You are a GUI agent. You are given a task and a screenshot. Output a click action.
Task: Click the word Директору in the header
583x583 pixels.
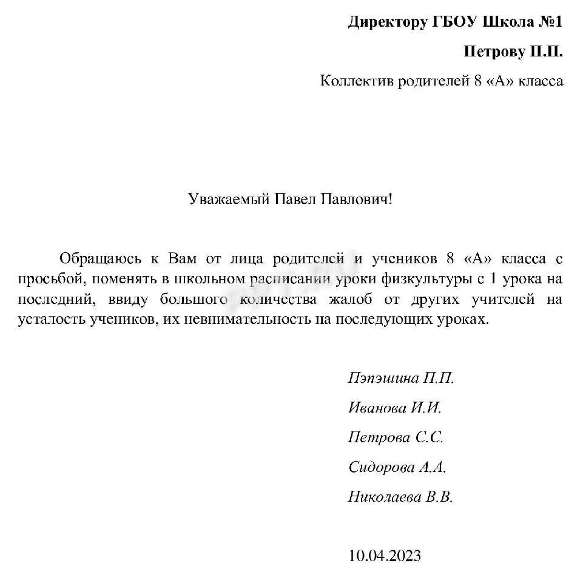click(x=387, y=23)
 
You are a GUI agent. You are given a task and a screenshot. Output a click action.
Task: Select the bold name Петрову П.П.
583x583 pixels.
click(x=513, y=52)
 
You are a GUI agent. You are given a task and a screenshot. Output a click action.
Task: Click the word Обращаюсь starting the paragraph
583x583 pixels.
click(x=99, y=258)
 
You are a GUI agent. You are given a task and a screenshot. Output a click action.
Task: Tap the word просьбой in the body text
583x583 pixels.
click(x=45, y=279)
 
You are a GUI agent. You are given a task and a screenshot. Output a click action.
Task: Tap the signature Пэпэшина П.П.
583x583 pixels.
click(x=401, y=379)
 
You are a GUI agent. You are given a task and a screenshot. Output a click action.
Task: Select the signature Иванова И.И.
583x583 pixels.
click(x=395, y=408)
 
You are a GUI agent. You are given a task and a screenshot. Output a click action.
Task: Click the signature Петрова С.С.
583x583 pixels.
click(x=396, y=437)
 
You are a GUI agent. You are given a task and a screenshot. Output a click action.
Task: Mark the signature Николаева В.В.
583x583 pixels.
click(x=400, y=497)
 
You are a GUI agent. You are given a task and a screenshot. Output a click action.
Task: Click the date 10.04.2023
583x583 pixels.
click(x=385, y=556)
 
